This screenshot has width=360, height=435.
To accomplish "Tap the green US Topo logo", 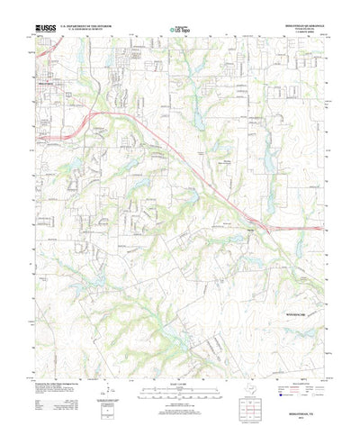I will (180, 32).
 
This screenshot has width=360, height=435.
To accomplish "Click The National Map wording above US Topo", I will (180, 26).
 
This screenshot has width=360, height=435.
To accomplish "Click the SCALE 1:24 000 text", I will (180, 364).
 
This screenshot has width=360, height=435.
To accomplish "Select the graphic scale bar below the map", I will (180, 371).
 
